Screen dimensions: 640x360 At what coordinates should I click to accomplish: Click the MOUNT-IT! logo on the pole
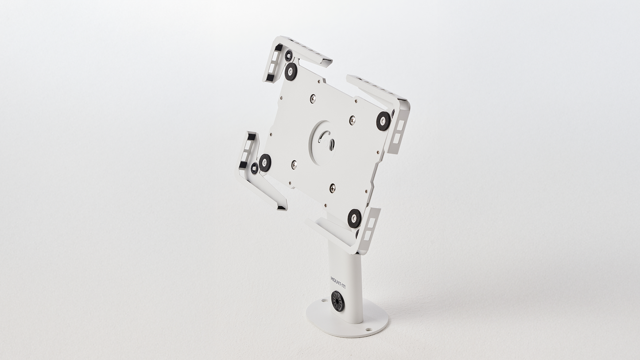(337, 282)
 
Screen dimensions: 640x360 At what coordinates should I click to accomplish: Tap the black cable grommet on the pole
(337, 301)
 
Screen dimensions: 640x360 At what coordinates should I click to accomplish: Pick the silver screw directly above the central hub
(313, 99)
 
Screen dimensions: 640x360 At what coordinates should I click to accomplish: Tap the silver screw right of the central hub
(353, 120)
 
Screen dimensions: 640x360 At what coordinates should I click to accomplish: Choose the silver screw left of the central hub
(294, 164)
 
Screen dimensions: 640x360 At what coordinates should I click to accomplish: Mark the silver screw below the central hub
(333, 188)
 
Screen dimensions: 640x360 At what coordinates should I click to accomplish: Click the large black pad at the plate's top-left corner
(291, 72)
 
